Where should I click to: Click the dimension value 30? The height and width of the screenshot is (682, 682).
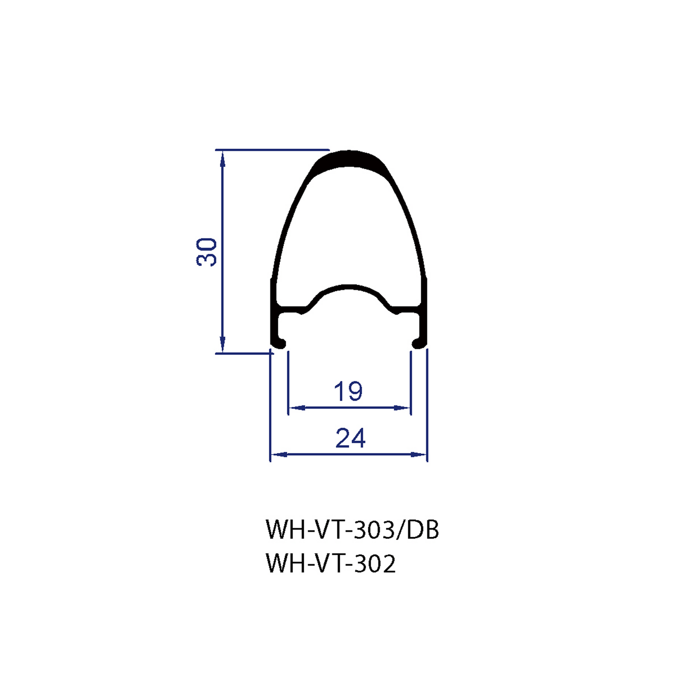207,252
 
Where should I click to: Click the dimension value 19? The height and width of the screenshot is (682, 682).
348,391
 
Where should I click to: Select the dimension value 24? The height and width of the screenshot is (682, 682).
350,438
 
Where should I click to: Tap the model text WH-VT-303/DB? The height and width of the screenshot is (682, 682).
352,530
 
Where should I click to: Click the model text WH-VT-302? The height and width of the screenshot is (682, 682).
330,563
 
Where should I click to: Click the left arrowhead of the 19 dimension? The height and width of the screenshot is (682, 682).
295,407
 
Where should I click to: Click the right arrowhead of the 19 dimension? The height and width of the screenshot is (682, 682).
404,407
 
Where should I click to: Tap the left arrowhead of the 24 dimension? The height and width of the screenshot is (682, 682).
278,455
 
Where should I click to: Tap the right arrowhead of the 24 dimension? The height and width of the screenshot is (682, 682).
420,455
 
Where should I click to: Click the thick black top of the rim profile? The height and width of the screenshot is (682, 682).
349,159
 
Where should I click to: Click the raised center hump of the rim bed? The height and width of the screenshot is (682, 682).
349,287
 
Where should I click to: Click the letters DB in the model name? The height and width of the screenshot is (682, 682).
423,530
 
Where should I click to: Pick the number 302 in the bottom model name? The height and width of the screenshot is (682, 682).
375,563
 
